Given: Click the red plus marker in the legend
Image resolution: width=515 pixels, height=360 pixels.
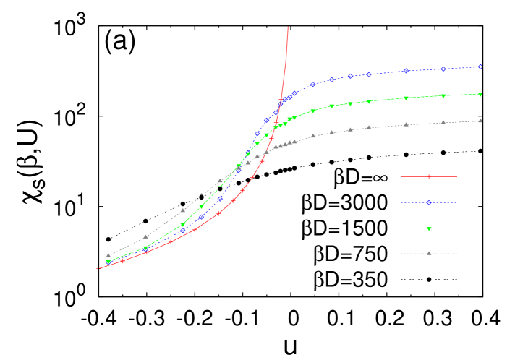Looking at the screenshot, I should [429, 176].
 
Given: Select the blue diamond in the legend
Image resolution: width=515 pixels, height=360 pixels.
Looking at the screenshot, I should [429, 202].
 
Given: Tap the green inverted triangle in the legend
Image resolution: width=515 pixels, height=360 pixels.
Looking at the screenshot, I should [429, 228].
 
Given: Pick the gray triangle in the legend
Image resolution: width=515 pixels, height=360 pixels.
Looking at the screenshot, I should [429, 253].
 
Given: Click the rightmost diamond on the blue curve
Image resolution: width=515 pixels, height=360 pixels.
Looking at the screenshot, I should [480, 67].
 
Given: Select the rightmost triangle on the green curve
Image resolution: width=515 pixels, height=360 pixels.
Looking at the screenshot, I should [480, 94].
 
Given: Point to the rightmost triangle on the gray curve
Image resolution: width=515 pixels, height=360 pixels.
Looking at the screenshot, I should [480, 121].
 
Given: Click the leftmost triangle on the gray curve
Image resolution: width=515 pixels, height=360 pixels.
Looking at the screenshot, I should [108, 255].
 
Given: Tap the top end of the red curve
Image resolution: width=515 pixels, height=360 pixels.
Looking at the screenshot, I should [288, 27].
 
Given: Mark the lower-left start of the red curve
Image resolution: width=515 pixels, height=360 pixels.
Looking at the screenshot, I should [98, 269].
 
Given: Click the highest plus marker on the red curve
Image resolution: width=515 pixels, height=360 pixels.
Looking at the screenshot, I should [286, 61].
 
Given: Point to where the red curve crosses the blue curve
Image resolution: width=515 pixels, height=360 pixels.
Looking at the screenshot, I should [280, 103].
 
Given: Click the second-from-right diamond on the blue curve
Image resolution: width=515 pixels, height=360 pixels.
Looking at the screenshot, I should [443, 69].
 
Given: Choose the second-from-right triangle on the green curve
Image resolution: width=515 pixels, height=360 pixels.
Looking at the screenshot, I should [443, 95].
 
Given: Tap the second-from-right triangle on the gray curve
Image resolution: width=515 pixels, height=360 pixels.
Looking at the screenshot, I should [443, 123].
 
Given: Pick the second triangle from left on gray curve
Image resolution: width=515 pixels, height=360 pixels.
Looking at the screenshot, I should [145, 236].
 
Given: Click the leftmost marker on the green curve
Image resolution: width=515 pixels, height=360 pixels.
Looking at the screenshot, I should [108, 262].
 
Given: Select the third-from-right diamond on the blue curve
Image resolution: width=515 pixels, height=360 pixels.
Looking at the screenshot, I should [406, 71].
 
